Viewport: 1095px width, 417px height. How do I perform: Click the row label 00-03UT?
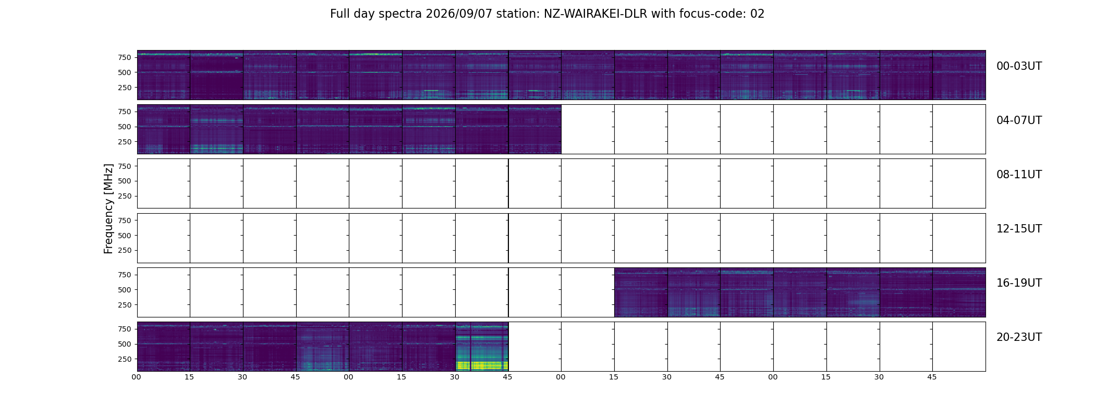point(1019,66)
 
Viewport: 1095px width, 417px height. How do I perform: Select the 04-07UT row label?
point(1019,120)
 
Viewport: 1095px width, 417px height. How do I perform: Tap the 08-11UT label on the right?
point(1019,175)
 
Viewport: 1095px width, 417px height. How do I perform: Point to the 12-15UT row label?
point(1019,229)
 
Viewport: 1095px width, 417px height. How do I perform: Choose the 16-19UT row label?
point(1019,283)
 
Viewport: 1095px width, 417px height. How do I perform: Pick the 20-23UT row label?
point(1019,337)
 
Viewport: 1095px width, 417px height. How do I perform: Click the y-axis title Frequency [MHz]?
point(108,208)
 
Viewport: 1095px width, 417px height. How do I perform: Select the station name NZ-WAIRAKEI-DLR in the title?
point(595,14)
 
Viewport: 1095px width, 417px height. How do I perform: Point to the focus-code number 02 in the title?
point(757,14)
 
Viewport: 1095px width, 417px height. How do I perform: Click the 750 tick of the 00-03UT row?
point(125,57)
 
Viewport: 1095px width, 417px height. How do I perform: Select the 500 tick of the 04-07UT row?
point(125,127)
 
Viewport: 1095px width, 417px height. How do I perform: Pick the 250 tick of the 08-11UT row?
point(125,196)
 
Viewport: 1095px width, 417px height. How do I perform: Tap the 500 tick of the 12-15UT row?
point(125,236)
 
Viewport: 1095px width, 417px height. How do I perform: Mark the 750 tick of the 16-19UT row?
point(125,275)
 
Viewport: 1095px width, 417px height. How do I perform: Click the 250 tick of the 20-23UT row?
point(125,359)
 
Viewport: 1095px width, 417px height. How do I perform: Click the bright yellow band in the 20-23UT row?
point(482,365)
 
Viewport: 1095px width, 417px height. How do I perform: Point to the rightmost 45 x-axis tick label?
point(932,377)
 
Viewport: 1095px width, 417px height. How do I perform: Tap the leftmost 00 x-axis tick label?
point(137,377)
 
